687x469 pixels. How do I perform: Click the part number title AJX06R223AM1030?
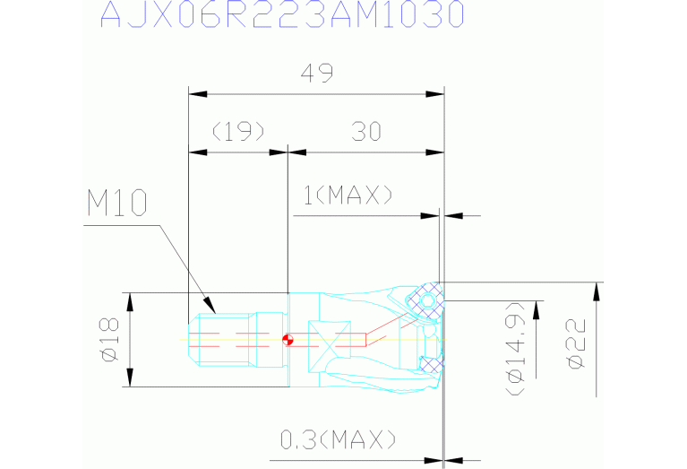point(282,13)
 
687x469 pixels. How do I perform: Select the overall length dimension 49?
point(317,74)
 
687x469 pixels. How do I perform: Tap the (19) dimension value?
point(238,131)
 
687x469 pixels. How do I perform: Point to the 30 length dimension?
point(366,131)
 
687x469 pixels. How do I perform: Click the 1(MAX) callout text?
point(348,195)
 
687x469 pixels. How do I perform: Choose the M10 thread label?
point(117,203)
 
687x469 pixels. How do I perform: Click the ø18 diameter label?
point(109,340)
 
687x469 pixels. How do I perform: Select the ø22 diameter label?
point(575,344)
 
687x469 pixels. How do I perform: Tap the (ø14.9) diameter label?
point(516,349)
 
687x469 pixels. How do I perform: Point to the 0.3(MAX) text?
point(338,439)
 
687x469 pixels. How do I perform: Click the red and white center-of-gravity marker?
point(288,340)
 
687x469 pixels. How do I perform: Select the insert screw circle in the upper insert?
point(427,301)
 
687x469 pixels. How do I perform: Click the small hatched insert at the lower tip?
point(430,364)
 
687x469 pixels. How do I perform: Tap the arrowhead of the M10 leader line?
point(210,305)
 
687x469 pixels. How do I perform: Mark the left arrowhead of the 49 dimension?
point(198,94)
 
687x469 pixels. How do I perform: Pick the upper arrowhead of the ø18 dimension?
point(130,302)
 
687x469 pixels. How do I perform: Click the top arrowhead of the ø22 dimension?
point(596,291)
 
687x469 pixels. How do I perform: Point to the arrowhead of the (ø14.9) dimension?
point(537,310)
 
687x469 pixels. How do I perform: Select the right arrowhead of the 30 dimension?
point(435,152)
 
